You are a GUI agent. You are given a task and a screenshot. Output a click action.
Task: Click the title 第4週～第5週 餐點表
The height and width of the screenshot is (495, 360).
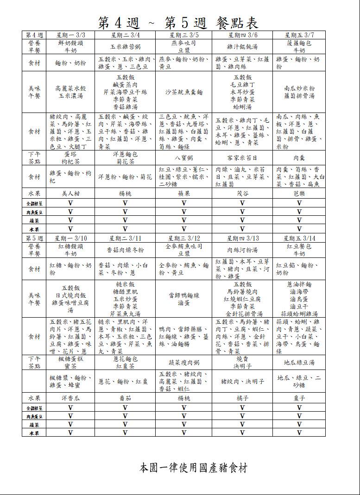click(x=178, y=22)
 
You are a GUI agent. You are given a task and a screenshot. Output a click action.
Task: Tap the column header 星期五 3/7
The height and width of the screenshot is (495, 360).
click(x=299, y=35)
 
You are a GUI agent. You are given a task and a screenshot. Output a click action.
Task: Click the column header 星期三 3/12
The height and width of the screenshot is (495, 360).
click(x=184, y=238)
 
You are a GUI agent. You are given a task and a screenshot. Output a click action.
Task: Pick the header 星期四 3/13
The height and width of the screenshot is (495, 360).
click(x=242, y=238)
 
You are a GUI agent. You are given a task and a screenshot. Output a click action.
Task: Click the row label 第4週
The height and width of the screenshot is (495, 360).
click(x=34, y=35)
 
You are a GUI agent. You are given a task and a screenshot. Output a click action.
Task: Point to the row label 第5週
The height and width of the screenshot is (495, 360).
click(x=34, y=238)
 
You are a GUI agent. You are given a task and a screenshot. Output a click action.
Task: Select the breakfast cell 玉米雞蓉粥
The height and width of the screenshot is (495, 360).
click(x=125, y=47)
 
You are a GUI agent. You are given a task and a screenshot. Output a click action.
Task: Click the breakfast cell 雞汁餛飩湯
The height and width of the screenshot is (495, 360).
click(x=242, y=47)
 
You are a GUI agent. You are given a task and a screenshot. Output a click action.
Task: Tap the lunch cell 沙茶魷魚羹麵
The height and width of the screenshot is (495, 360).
click(x=184, y=92)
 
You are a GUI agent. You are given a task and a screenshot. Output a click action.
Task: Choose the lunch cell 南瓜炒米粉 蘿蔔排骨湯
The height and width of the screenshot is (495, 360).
click(x=299, y=92)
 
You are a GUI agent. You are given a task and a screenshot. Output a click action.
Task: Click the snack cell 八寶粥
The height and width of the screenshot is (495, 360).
click(x=184, y=157)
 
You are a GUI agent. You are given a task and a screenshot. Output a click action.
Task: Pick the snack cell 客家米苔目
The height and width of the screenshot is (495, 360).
click(x=242, y=157)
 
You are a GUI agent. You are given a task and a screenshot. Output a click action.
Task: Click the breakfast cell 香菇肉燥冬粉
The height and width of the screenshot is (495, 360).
click(x=125, y=250)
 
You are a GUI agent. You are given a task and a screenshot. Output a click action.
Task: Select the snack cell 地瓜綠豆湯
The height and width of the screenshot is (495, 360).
click(x=299, y=363)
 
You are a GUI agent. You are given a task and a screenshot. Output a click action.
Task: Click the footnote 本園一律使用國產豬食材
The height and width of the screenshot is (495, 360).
click(x=193, y=468)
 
